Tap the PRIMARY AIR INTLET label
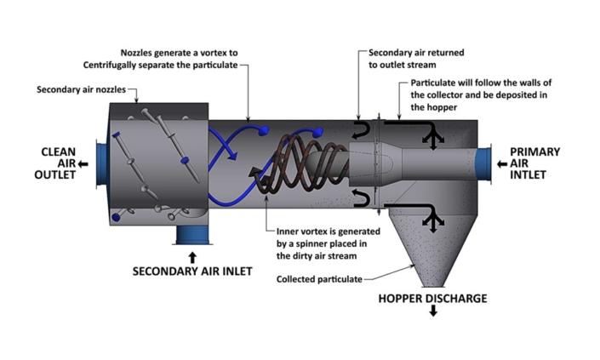click(534, 163)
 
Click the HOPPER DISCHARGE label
click(432, 299)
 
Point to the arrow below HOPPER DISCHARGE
click(433, 312)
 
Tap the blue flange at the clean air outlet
click(104, 162)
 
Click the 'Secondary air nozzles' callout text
click(72, 89)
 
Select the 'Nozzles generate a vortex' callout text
click(162, 58)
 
